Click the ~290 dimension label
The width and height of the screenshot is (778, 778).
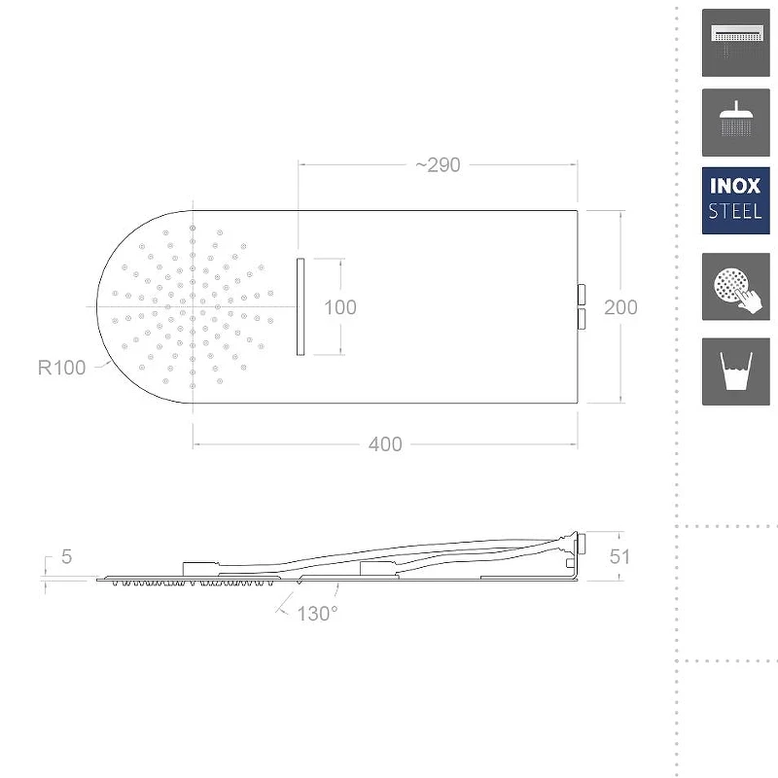[438, 165]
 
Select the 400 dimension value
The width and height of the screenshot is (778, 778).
[385, 444]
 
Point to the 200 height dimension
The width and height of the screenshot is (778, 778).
[620, 307]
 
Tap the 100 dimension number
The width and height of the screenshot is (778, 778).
[339, 307]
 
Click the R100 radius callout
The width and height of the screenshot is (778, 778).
[61, 368]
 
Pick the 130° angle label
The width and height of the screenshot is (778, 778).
[318, 614]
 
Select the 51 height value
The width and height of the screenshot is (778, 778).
[619, 556]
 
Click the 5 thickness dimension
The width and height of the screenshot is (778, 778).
[66, 556]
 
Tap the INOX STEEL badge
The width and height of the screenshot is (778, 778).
[736, 200]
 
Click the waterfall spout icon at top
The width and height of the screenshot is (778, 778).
[736, 43]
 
